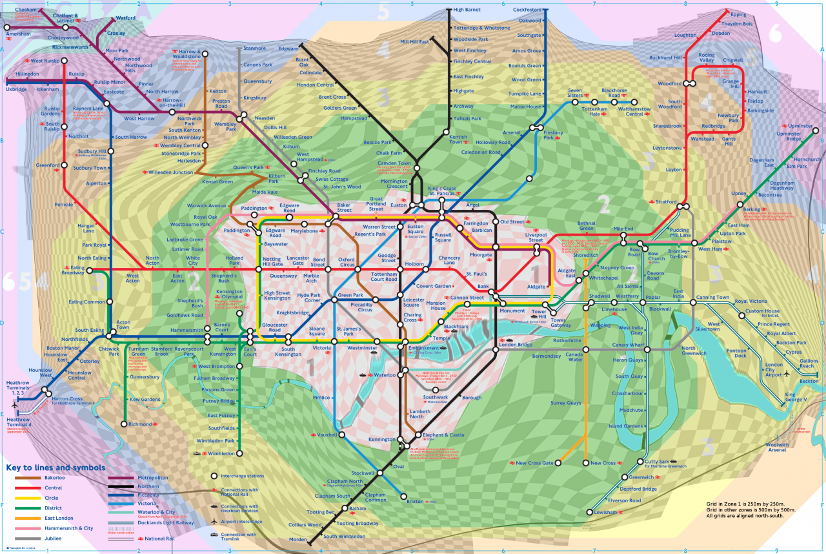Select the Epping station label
click(x=738, y=14)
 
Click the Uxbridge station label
click(x=17, y=89)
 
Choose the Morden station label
click(x=297, y=539)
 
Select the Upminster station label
click(x=800, y=126)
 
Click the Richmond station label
click(x=140, y=424)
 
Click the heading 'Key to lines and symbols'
click(x=55, y=467)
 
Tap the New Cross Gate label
click(x=535, y=463)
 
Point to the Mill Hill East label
click(x=414, y=42)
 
